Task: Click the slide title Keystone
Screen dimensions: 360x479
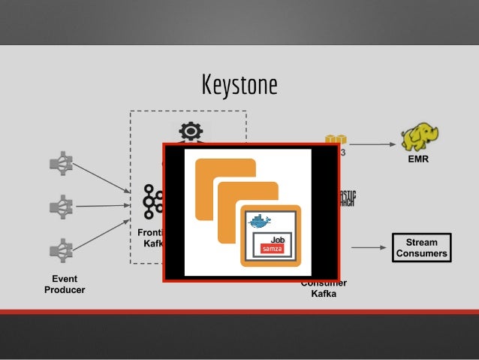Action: [x=239, y=84]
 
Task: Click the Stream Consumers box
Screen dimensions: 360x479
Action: [x=421, y=248]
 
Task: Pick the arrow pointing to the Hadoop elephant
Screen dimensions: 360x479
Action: [x=372, y=144]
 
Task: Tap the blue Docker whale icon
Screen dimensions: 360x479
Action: [x=260, y=221]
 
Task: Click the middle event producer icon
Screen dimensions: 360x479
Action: [x=61, y=204]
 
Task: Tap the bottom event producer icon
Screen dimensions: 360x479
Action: [x=61, y=248]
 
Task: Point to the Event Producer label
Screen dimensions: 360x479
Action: [x=64, y=284]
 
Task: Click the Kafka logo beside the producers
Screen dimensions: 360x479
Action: [x=153, y=201]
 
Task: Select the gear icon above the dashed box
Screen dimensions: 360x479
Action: [x=191, y=132]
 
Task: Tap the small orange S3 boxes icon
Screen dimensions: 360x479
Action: [x=335, y=140]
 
